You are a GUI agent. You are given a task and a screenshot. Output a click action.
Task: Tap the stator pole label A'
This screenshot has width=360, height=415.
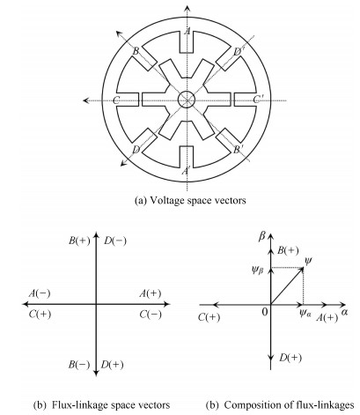[186, 170]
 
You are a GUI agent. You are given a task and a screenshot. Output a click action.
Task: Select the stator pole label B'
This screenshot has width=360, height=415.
[238, 150]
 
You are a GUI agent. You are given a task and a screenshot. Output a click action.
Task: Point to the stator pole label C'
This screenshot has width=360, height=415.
[258, 100]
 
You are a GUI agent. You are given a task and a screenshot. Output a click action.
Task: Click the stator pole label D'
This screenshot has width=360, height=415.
[238, 51]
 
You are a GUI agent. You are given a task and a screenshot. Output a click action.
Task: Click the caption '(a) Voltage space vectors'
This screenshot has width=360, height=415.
[190, 201]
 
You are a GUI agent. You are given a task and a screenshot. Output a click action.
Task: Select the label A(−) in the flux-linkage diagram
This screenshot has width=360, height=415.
[40, 293]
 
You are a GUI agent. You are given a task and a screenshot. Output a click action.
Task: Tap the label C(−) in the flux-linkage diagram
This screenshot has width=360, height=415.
[151, 315]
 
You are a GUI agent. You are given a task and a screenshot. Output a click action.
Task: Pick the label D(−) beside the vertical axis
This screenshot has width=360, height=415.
[115, 241]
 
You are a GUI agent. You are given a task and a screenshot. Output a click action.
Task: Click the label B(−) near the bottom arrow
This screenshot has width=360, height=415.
[79, 365]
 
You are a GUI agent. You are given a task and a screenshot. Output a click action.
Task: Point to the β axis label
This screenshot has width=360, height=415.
[261, 237]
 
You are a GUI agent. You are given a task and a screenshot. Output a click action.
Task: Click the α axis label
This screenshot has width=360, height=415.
[344, 312]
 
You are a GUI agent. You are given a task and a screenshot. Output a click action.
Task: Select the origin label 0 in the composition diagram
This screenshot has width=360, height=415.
[265, 312]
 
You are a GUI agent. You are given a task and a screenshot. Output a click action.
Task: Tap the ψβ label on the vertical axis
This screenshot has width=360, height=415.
[258, 270]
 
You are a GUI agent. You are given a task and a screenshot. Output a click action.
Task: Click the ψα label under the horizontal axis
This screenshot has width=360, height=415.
[305, 314]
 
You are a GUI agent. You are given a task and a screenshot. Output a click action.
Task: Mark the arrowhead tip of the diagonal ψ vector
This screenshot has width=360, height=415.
[303, 268]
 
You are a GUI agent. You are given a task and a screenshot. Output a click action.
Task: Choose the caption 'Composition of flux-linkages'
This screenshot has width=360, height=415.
[289, 405]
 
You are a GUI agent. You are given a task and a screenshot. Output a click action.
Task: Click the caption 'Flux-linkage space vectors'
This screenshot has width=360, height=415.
[111, 405]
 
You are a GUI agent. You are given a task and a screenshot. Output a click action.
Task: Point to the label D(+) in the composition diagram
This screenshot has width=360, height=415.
[290, 358]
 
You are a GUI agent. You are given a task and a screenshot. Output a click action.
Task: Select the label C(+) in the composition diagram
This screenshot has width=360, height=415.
[209, 317]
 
